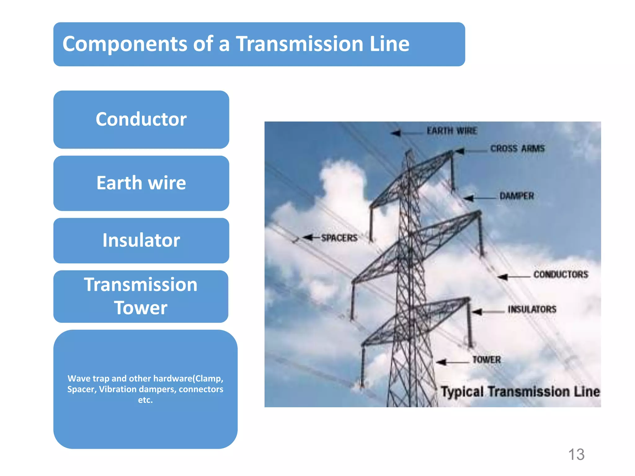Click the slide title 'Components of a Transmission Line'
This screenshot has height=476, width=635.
point(236,44)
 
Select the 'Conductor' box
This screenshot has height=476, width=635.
point(141,119)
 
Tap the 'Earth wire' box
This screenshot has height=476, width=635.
point(141,183)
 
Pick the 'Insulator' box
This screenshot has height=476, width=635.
point(141,240)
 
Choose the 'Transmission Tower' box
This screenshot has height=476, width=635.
point(141,296)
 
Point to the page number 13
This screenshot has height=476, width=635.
point(576,455)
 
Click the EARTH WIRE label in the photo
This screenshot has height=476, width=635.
point(452,131)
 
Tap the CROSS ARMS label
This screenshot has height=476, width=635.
point(517,149)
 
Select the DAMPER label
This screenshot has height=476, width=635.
point(517,196)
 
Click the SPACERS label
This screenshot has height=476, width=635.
point(339,238)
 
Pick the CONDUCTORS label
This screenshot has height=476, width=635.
point(561,275)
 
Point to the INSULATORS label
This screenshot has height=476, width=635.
point(532,309)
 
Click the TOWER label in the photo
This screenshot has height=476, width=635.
point(486,360)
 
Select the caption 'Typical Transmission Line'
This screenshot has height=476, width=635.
point(520,392)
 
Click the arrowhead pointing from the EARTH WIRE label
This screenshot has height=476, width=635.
point(396,133)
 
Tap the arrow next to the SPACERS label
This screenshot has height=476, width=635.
point(308,238)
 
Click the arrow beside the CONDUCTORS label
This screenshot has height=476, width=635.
point(504,277)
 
